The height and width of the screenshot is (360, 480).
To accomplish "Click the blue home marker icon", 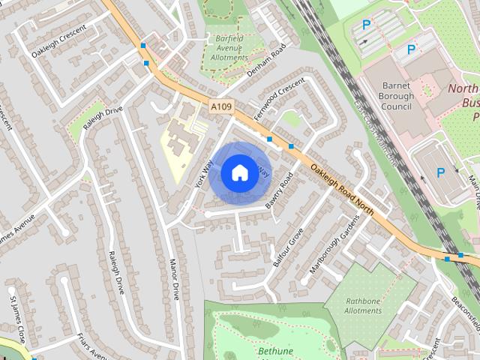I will tap(239, 172).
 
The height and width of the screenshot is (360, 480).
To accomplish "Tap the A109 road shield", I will tap(220, 107).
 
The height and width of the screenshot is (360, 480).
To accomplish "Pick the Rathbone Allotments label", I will tap(363, 306).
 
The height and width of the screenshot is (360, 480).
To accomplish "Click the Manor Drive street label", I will tap(174, 280).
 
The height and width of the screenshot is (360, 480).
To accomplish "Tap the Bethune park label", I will tap(274, 350).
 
